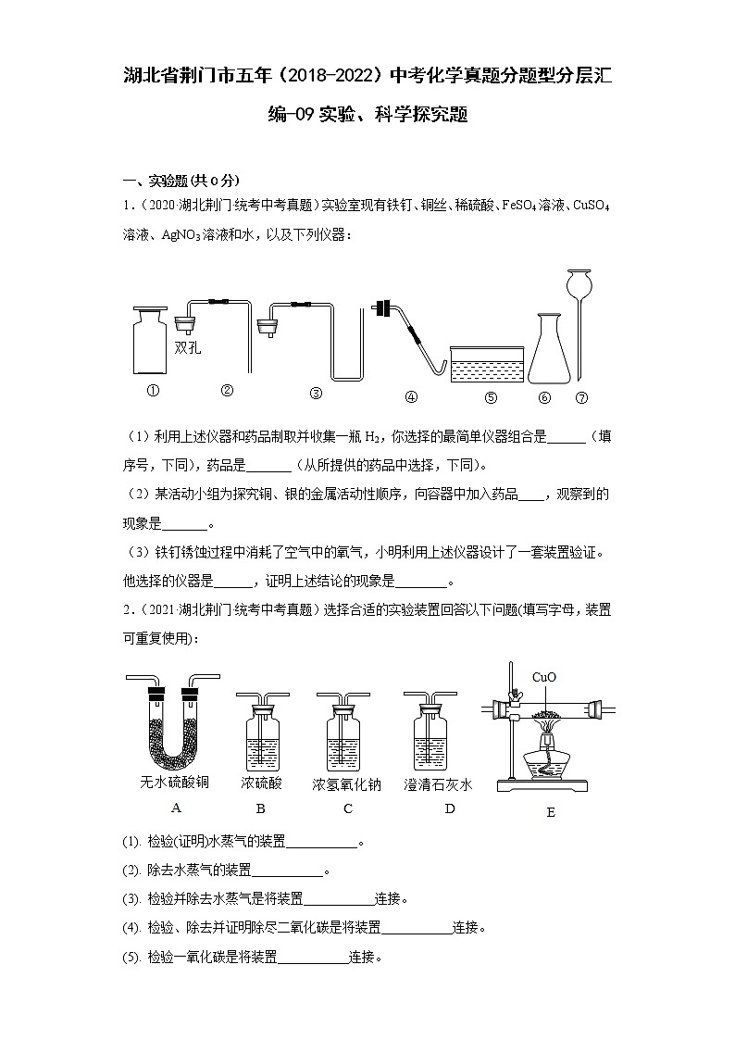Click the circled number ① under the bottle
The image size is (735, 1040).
(x=154, y=390)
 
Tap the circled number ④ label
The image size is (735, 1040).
(x=411, y=396)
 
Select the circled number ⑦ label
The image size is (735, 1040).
(x=581, y=397)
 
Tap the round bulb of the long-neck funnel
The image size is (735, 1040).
(x=580, y=281)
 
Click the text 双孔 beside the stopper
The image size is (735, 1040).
(x=188, y=348)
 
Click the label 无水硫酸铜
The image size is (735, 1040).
(x=174, y=783)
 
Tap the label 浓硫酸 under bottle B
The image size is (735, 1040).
(x=261, y=783)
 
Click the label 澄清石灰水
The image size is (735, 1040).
(x=438, y=784)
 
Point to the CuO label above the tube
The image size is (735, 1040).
(x=543, y=677)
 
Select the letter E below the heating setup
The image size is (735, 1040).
(x=551, y=812)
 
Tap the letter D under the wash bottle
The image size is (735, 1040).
(x=450, y=808)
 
